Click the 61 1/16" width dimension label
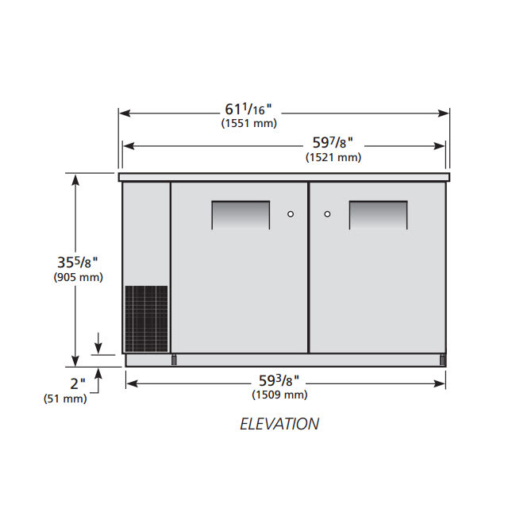pos(248,110)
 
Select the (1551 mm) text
pos(249,123)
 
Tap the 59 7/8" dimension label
pos(333,143)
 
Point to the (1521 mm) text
pos(333,157)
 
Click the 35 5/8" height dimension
pos(78,263)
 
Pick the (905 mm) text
pos(79,277)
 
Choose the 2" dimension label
pos(78,383)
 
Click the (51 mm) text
pos(65,399)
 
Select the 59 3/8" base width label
pos(279,381)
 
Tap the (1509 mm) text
pos(279,395)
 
